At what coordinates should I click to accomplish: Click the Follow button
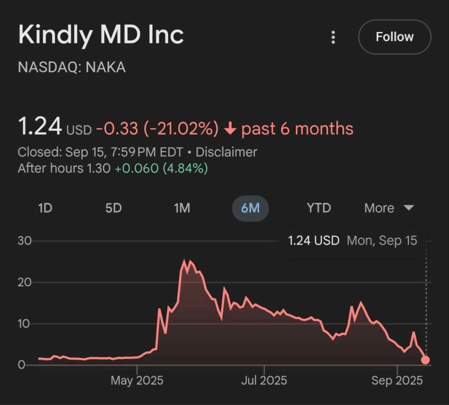pos(395,37)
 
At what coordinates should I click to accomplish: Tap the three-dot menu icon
pos(333,37)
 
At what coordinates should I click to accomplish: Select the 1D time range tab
pos(45,208)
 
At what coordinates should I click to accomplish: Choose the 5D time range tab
pos(114,208)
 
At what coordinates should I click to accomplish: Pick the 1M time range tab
pos(182,208)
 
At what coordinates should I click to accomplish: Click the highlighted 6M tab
pos(250,208)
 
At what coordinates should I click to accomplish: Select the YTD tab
pos(319,208)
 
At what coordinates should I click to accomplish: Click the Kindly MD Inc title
pos(101,35)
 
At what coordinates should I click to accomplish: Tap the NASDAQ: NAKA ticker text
pos(72,67)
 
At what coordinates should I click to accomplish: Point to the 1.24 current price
pos(40,127)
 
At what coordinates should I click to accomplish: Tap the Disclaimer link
pos(226,152)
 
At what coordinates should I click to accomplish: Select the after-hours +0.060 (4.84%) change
pos(161,168)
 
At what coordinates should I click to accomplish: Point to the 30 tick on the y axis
pos(24,241)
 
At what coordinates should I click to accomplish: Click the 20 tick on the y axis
pos(24,282)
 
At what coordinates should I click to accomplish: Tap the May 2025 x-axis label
pos(137,380)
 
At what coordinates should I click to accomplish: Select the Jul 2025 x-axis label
pos(264,380)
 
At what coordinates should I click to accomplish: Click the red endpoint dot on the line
pos(425,360)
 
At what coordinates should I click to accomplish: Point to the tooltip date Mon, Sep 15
pos(382,240)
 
